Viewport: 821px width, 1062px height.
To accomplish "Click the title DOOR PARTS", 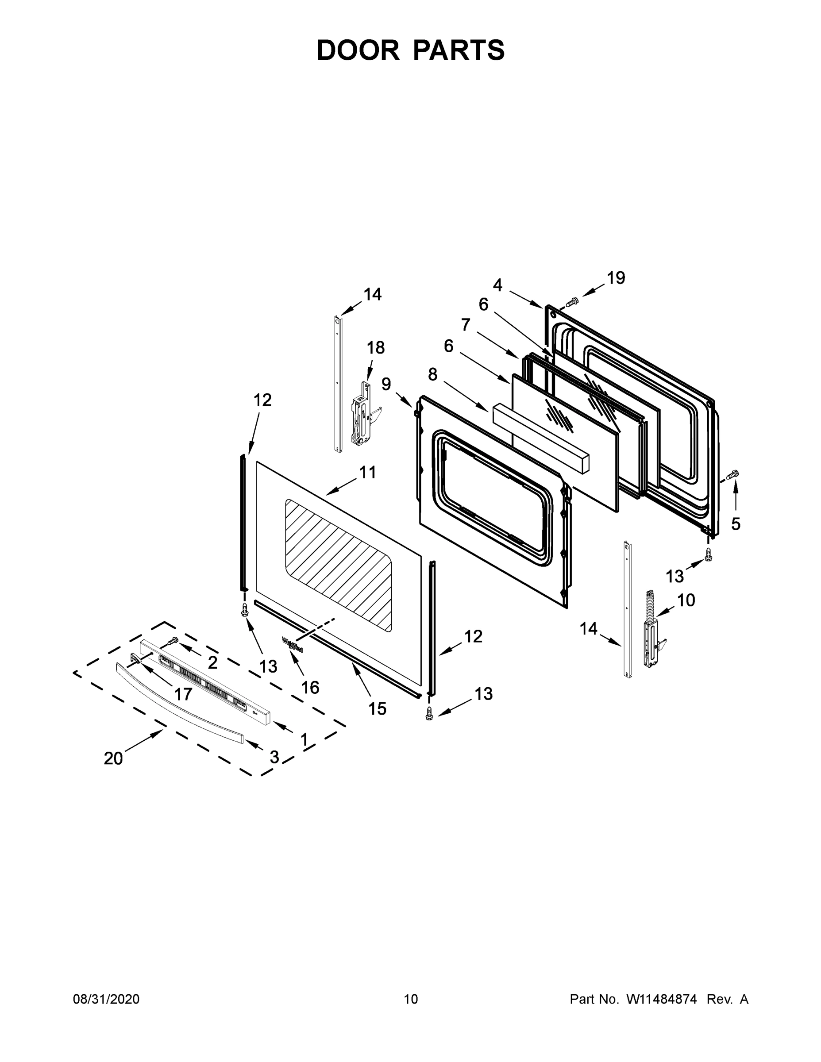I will pos(411,50).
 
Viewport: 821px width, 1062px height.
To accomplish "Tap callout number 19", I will pos(615,278).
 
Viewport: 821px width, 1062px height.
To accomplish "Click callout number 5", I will pos(736,524).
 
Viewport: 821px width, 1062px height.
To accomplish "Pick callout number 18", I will pos(375,348).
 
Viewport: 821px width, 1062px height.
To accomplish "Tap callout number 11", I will pos(368,472).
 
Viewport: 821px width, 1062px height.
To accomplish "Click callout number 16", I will pos(310,688).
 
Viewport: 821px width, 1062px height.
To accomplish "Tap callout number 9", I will pos(385,384).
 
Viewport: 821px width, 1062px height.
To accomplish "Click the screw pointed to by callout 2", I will pos(173,641).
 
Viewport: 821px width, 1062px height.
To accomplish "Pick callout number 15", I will pos(378,708).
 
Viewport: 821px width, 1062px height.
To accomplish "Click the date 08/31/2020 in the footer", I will pos(106,999).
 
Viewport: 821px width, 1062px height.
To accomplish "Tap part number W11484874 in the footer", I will pos(662,999).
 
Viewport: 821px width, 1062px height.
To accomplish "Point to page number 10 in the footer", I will pos(411,999).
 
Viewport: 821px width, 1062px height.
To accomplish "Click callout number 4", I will pos(497,285).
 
